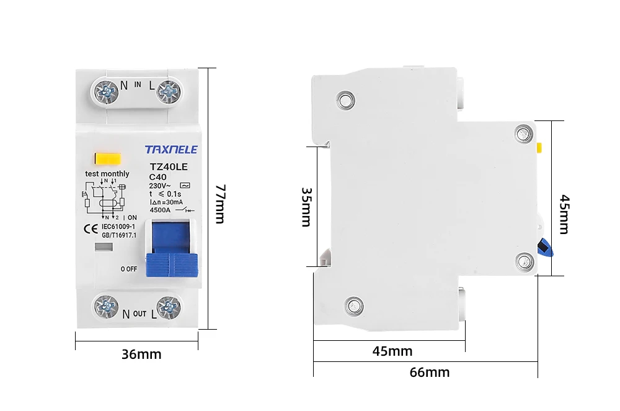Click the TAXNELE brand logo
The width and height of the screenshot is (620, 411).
tap(170, 150)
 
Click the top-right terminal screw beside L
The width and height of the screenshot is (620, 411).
tap(167, 93)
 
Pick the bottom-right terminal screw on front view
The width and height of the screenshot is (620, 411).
tap(167, 307)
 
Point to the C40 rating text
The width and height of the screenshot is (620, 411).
tap(158, 176)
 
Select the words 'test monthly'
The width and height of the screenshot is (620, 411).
tap(107, 174)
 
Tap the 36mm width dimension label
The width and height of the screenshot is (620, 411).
tap(141, 355)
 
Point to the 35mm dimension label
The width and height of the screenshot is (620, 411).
tap(306, 207)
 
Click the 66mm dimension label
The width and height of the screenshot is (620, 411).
tap(429, 373)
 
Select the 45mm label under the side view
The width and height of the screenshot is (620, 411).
tap(392, 351)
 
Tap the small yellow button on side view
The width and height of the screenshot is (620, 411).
tap(539, 148)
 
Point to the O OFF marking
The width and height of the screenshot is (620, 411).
tap(129, 269)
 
